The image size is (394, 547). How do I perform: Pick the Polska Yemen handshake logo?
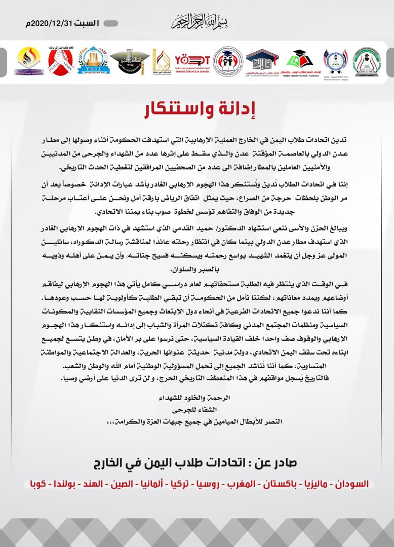point(60,61)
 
